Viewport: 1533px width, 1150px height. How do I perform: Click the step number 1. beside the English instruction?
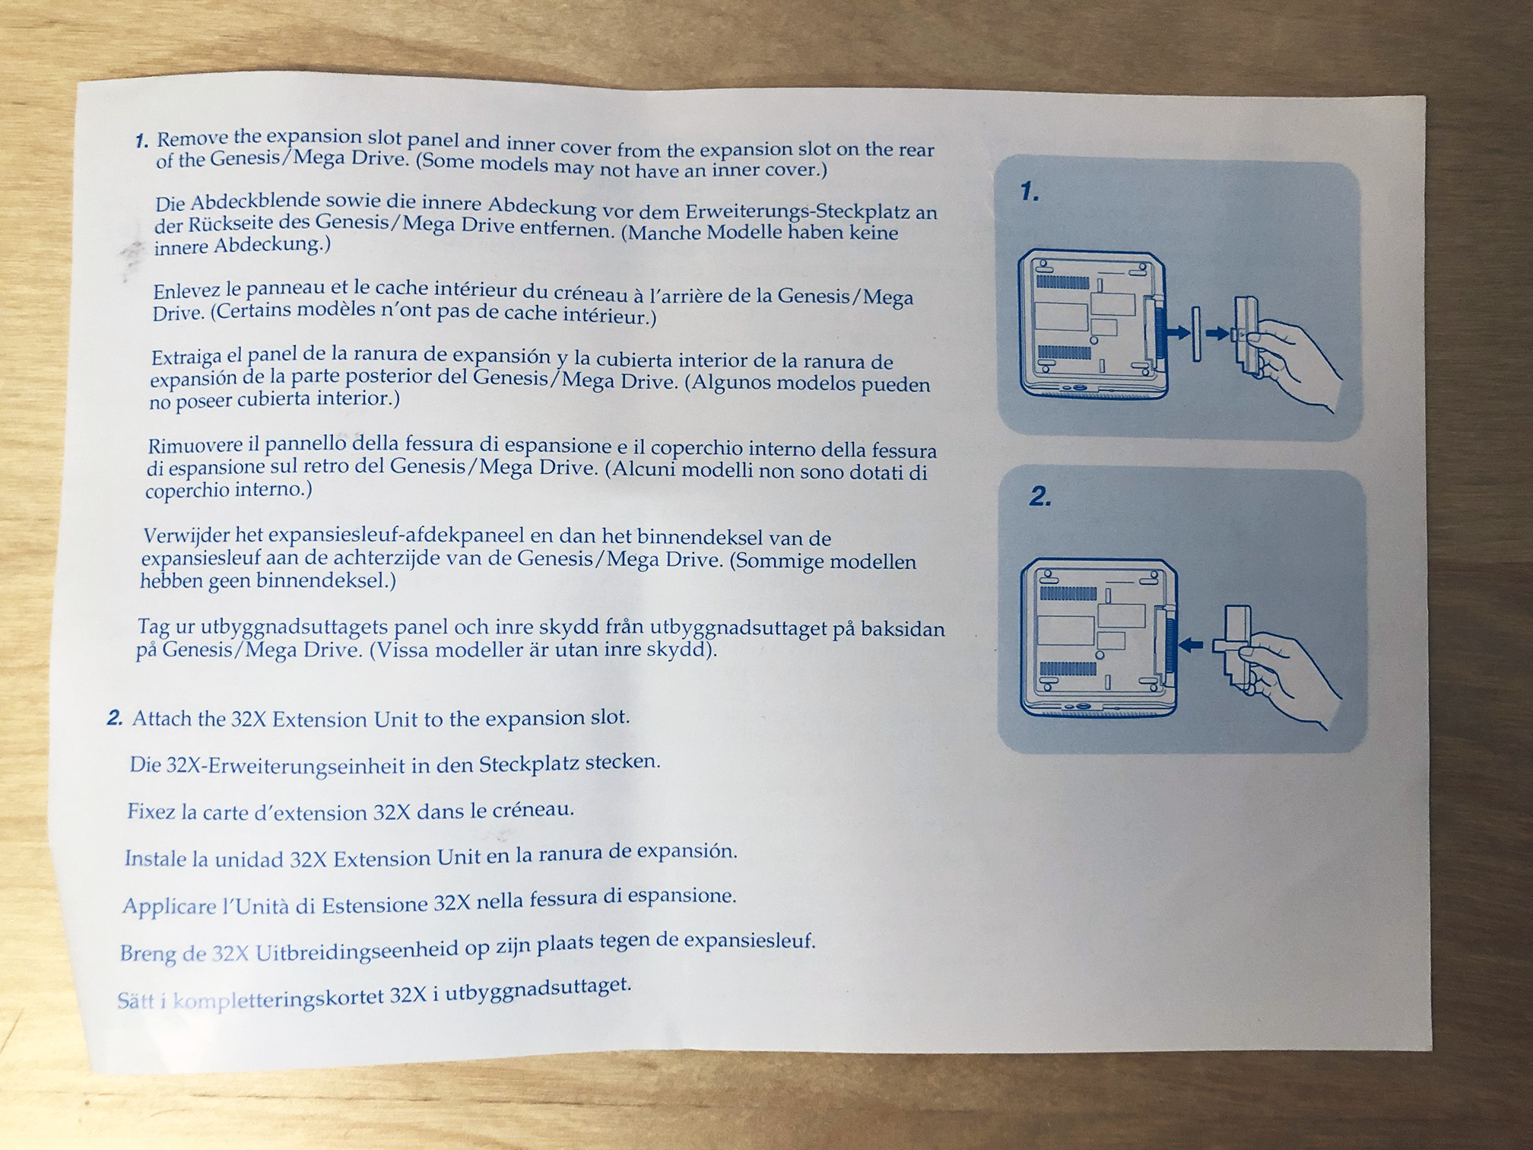tap(141, 141)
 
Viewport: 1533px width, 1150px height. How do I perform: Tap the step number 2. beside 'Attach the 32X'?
tap(115, 718)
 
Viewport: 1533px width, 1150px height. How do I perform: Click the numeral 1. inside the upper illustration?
tap(1030, 192)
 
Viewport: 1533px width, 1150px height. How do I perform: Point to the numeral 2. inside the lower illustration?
tap(1040, 497)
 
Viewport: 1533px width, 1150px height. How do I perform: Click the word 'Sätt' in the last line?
tap(136, 1001)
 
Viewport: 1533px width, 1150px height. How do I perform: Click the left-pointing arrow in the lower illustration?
tap(1192, 646)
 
